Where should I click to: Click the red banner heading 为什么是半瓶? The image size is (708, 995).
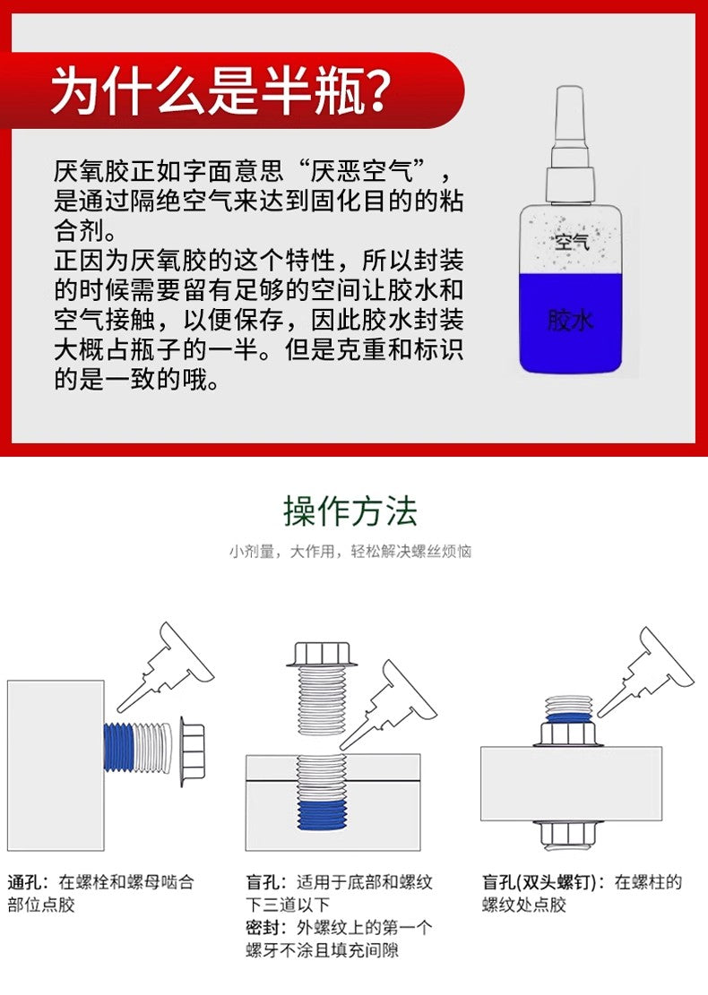(220, 91)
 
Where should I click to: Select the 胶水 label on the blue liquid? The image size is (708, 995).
(570, 320)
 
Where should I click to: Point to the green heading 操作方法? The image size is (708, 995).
(350, 511)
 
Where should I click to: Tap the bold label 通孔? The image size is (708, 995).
(24, 882)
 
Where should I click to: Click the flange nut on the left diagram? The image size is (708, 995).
(191, 747)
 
